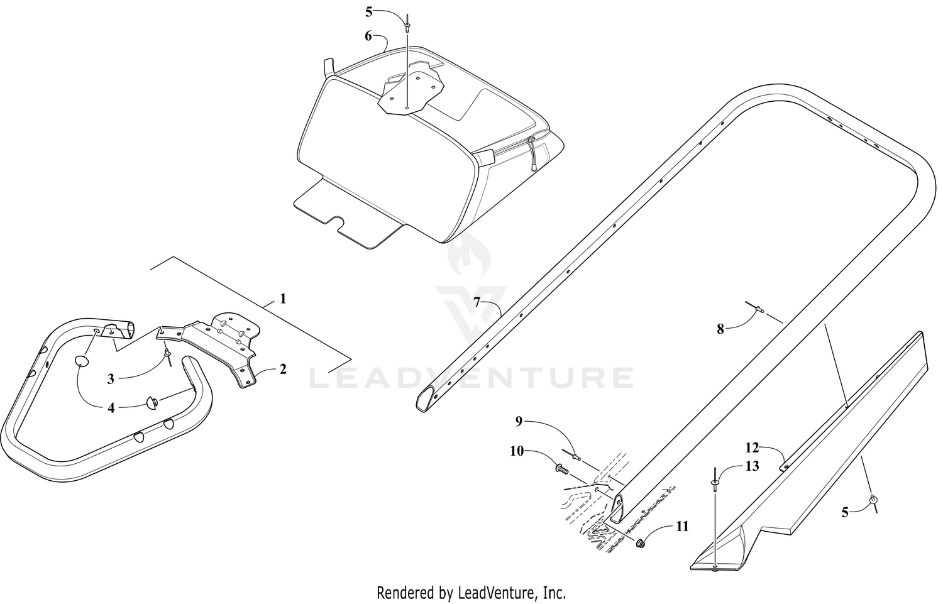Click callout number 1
click(283, 299)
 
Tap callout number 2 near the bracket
click(283, 369)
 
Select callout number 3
click(111, 379)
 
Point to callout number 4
click(111, 408)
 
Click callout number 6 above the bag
click(368, 36)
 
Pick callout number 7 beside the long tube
click(477, 302)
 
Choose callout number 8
click(720, 329)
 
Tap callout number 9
click(519, 421)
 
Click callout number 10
click(517, 451)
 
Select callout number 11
click(682, 526)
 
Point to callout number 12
click(752, 448)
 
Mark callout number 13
click(752, 466)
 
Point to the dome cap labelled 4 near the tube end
click(152, 403)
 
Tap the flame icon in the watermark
click(470, 252)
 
